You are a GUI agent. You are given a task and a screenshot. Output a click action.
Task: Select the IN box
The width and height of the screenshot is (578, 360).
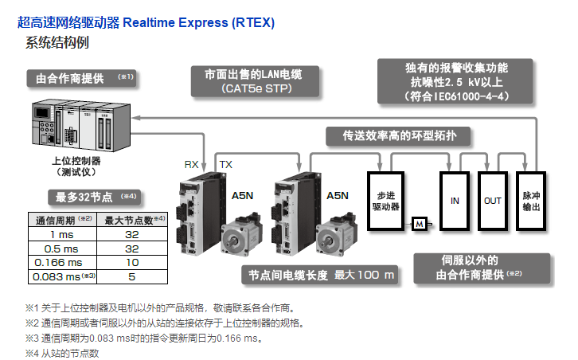pyautogui.click(x=455, y=201)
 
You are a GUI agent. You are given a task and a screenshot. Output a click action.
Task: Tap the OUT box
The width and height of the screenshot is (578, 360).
pyautogui.click(x=493, y=201)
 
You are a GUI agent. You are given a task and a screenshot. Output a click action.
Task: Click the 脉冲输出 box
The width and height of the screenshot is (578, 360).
pyautogui.click(x=530, y=201)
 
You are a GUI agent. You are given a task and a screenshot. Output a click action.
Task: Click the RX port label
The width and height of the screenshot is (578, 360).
pyautogui.click(x=192, y=164)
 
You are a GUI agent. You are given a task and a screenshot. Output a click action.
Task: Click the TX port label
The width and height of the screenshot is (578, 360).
pyautogui.click(x=225, y=164)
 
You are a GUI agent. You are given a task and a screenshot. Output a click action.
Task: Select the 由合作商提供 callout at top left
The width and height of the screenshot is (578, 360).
pyautogui.click(x=81, y=78)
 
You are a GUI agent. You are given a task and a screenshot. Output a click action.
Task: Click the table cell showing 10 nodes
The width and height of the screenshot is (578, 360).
pyautogui.click(x=132, y=262)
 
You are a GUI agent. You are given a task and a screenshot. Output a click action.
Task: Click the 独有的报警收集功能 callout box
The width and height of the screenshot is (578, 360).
pyautogui.click(x=456, y=80)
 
